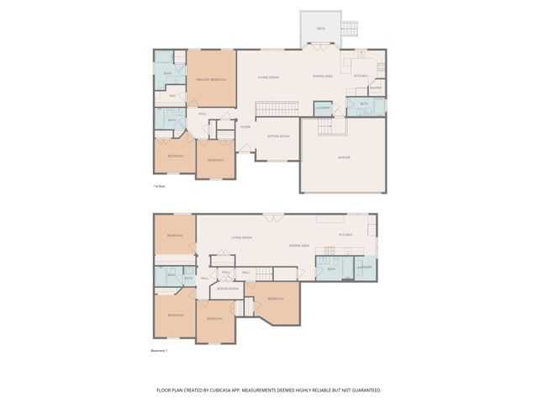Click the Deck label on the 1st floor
[x=320, y=29]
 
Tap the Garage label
[x=344, y=157]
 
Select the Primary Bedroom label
[x=211, y=79]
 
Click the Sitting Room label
[x=278, y=136]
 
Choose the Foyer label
[x=245, y=127]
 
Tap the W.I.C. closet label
[x=172, y=96]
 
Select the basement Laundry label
[x=364, y=267]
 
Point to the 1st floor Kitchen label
[x=361, y=77]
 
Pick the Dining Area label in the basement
[x=300, y=245]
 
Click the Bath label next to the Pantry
[x=364, y=104]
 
